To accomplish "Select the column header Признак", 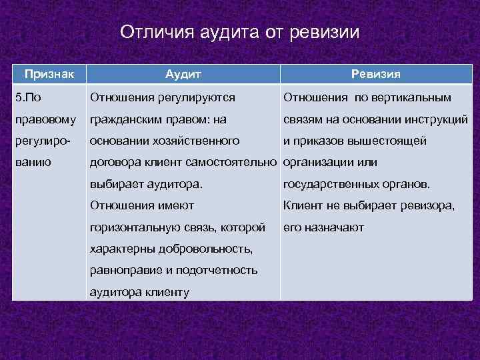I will pos(49,73).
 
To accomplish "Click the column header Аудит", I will pos(183,73).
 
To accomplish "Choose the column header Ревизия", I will pos(376,73).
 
